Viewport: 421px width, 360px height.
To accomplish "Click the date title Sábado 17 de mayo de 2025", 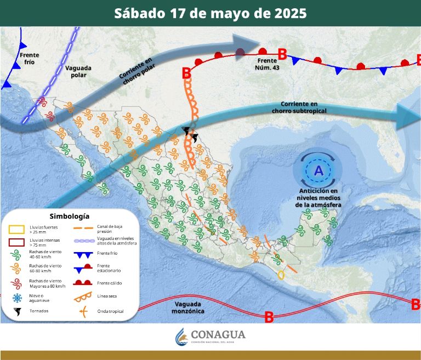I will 210,13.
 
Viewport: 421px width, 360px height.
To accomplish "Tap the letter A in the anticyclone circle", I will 318,170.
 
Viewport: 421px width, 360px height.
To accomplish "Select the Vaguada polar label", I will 78,72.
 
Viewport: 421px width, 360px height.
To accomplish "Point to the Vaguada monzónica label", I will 186,307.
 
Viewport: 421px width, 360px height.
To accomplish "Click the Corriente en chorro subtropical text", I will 299,107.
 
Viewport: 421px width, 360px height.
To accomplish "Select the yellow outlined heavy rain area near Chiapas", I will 281,275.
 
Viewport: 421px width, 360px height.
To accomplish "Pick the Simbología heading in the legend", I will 69,216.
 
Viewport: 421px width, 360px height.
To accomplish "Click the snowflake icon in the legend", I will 18,298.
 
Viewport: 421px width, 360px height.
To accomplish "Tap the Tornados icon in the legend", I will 18,311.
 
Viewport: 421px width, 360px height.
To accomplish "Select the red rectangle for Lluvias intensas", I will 18,242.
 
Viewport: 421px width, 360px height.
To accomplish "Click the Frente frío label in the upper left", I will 29,59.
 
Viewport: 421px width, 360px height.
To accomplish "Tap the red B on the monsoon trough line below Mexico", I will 269,317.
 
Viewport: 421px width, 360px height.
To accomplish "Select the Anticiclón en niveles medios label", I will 318,198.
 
